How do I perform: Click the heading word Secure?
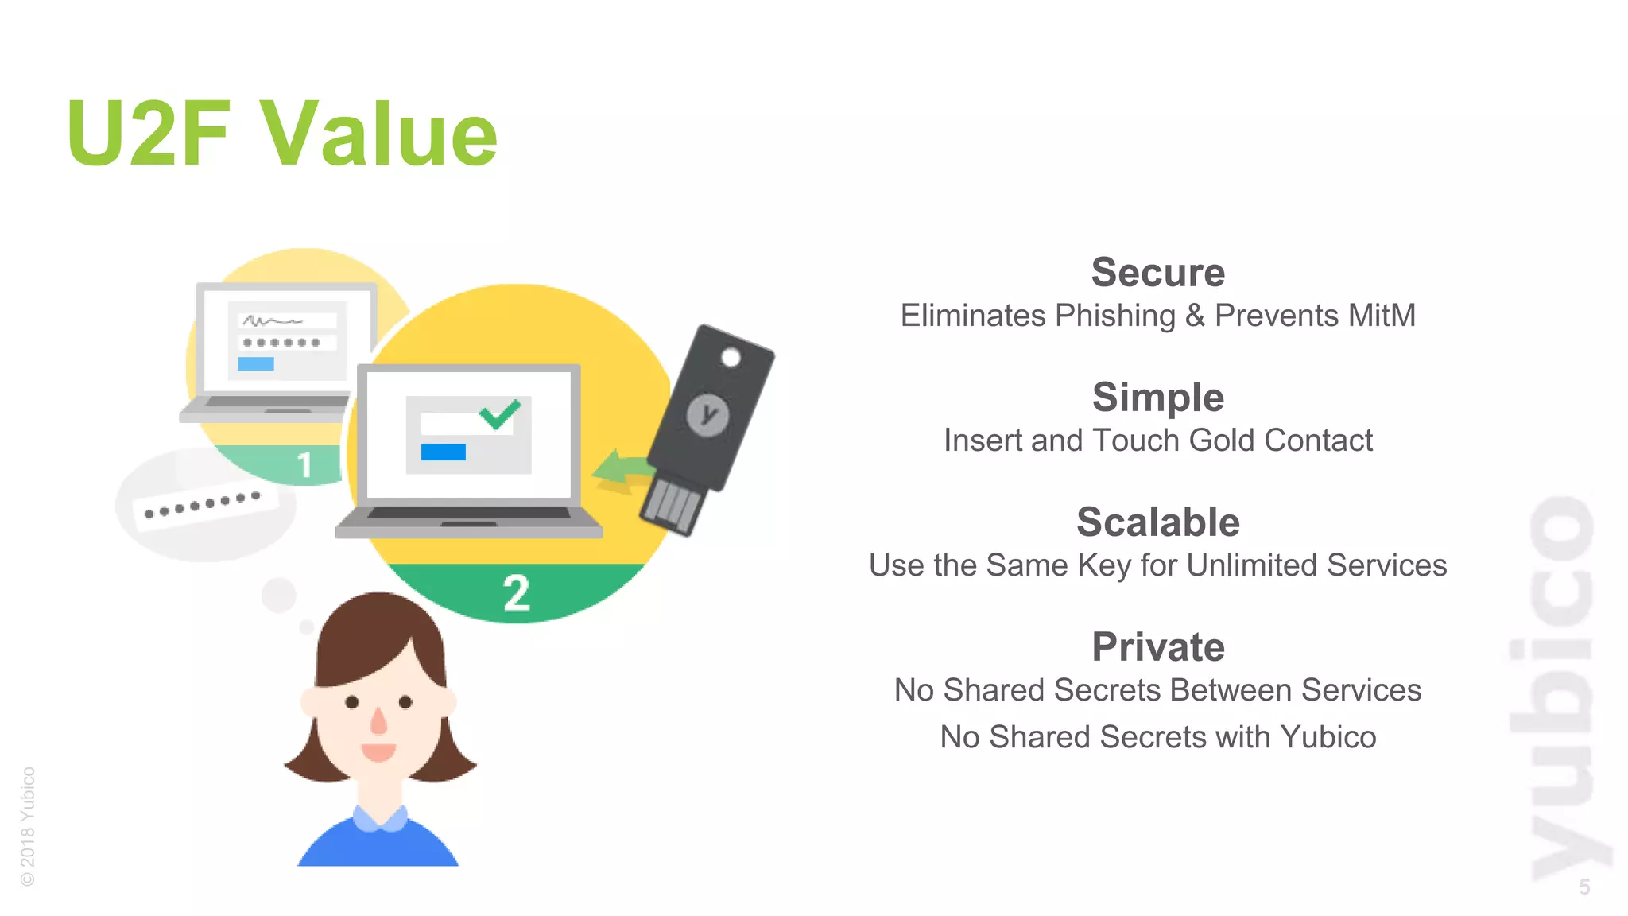[1157, 273]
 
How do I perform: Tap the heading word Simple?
[1157, 398]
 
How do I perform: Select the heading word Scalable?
[1157, 522]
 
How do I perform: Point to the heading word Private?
[1157, 647]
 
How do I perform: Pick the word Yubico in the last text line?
[1328, 737]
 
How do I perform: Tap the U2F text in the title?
[149, 134]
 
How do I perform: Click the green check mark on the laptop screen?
[500, 413]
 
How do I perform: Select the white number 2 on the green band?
[517, 593]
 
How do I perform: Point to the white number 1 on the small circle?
[304, 465]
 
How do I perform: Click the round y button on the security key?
[707, 414]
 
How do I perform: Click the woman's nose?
[378, 720]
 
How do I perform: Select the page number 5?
[1583, 887]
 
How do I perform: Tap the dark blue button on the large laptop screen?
[443, 452]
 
